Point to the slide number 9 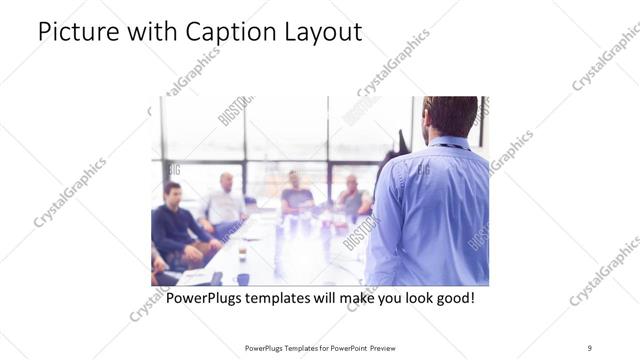(x=590, y=347)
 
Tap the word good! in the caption (x=451, y=298)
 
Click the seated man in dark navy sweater (x=175, y=225)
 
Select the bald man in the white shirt (x=224, y=205)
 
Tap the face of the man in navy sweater (x=172, y=193)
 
